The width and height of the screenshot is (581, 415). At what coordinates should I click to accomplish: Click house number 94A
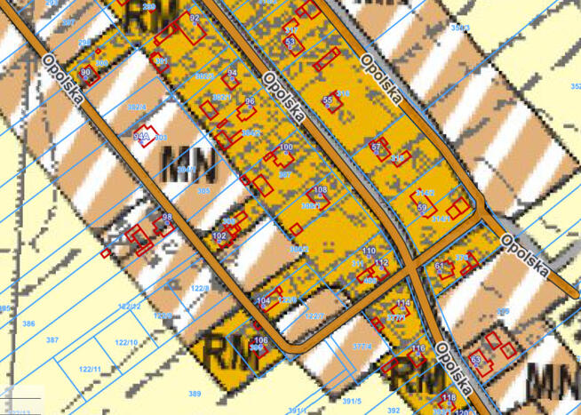point(139,137)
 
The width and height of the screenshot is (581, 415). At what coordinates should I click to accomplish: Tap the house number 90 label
point(85,72)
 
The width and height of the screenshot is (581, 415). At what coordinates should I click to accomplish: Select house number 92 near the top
point(195,18)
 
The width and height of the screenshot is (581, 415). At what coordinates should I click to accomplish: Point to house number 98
point(166,218)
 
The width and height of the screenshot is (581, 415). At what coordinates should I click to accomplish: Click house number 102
point(219,235)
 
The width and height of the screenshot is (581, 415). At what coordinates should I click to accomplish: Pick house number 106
point(260,341)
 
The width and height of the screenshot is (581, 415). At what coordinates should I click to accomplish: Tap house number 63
point(475,360)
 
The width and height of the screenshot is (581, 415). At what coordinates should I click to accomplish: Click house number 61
point(439,266)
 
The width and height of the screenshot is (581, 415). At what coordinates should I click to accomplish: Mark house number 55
point(327,100)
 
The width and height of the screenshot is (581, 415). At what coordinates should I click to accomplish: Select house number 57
point(376,146)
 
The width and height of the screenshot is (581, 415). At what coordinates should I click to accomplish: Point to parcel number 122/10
point(126,342)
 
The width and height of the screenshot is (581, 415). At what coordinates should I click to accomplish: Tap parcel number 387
point(52,340)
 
